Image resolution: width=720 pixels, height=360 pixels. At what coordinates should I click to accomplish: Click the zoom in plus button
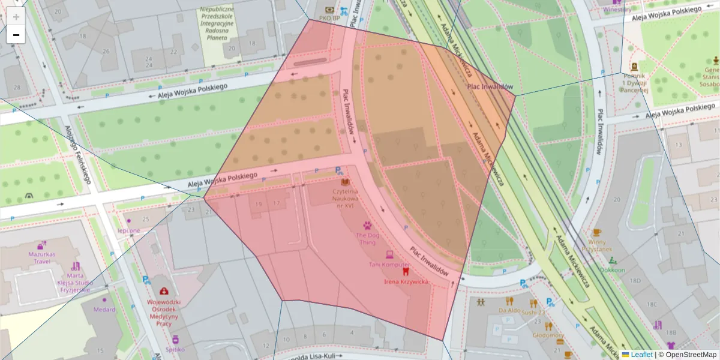click(16, 17)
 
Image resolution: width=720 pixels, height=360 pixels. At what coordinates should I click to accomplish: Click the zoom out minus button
click(16, 35)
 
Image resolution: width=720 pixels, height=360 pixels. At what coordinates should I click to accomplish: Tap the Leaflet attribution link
click(641, 355)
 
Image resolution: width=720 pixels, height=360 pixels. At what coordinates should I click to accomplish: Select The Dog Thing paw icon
click(367, 226)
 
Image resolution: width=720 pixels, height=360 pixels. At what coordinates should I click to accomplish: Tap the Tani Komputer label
click(389, 265)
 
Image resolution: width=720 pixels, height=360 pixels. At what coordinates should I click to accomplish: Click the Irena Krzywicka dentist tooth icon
click(405, 271)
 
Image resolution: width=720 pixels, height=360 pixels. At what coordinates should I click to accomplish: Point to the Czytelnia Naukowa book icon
click(344, 182)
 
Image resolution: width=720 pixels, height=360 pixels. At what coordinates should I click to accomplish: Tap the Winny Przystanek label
click(596, 245)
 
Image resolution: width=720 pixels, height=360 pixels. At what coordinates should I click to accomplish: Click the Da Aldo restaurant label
click(509, 311)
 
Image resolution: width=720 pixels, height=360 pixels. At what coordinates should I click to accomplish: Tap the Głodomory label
click(548, 335)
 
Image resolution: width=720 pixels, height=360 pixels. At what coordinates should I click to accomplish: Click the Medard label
click(104, 310)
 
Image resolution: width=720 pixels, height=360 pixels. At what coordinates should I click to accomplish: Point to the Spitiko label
click(175, 349)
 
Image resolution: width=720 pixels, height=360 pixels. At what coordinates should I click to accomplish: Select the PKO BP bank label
click(329, 18)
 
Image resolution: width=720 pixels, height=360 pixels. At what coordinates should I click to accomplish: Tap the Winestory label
click(617, 9)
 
